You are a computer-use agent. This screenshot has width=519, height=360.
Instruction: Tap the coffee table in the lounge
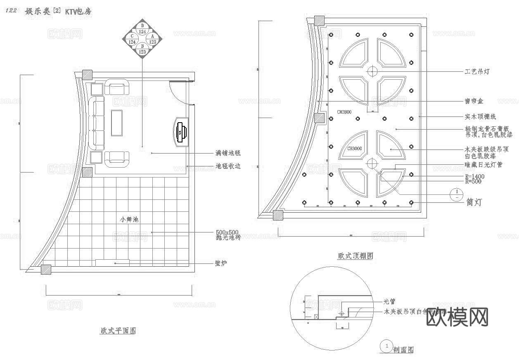[117, 123]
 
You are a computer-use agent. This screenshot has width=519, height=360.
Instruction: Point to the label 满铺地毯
[228, 153]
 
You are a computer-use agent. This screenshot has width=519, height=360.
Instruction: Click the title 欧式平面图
[118, 331]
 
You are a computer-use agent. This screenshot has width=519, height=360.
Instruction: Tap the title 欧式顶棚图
[355, 256]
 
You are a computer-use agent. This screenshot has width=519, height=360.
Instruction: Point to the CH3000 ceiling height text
[354, 148]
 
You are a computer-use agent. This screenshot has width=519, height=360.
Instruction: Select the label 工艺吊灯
[477, 72]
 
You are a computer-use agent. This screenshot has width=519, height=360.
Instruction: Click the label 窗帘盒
[474, 101]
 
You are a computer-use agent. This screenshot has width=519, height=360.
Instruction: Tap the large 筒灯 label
[473, 202]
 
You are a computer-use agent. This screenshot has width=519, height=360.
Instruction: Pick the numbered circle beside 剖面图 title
[386, 346]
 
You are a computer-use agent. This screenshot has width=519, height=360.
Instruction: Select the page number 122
[11, 11]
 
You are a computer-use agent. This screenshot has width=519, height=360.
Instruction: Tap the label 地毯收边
[228, 166]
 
